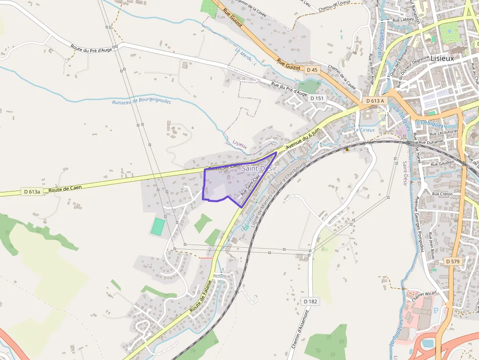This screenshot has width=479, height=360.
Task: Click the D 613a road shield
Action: coord(31,191)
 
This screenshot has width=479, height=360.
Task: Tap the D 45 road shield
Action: coord(312,70)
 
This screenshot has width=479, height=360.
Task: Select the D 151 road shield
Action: coord(317,98)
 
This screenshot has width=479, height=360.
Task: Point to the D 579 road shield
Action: coord(453,261)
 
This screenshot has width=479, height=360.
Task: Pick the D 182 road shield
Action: coord(310,301)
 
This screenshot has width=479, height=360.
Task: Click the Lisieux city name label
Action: coord(442,58)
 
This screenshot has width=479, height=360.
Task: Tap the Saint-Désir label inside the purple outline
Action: coord(259,168)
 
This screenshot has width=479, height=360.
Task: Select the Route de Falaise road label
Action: coord(201,296)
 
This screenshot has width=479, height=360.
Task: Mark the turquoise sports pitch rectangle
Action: coord(158,226)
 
